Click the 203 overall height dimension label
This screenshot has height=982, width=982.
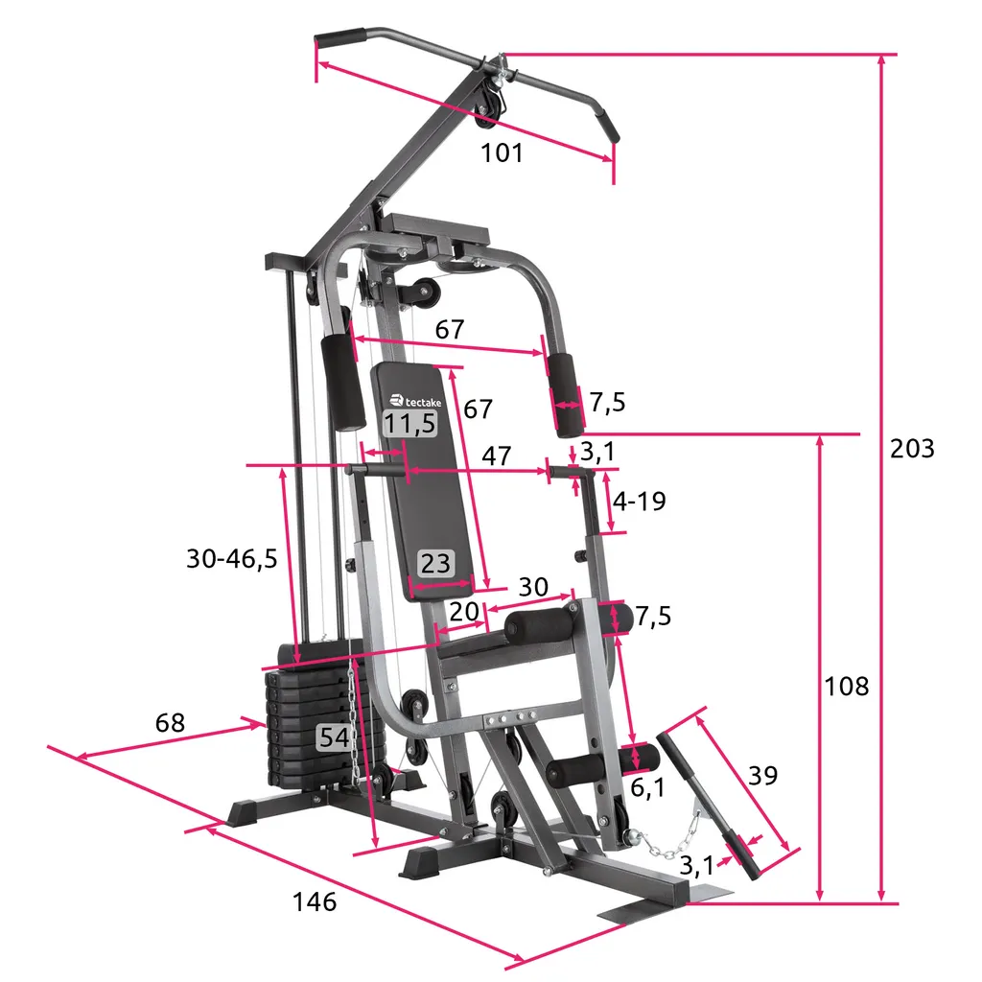point(912,449)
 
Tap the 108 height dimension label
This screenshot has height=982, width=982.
point(846,687)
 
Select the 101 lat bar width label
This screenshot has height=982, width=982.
point(501,152)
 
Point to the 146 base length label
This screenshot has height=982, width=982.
point(315,901)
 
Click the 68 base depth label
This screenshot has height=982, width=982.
point(170,723)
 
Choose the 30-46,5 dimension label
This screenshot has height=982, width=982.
point(232,558)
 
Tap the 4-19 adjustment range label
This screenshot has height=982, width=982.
point(639,501)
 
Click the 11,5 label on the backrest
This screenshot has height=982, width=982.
point(409,424)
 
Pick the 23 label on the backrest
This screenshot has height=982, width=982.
point(435,563)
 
